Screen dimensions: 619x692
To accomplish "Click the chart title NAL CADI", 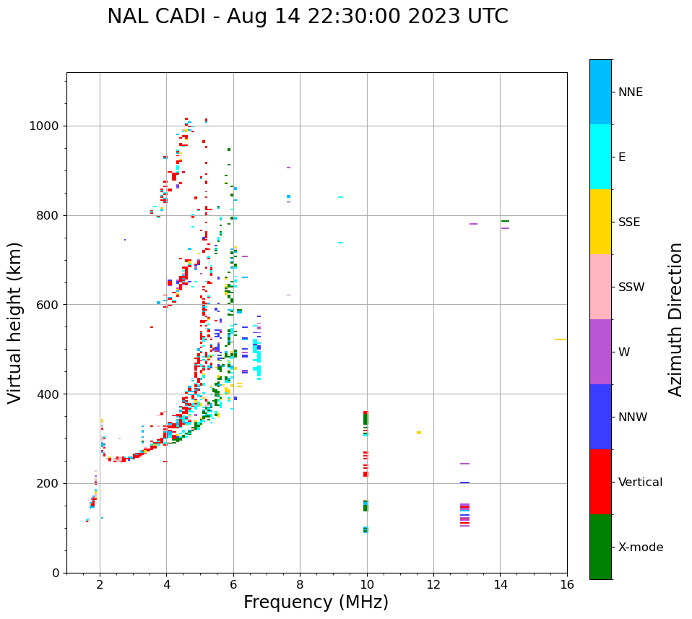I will pyautogui.click(x=307, y=17).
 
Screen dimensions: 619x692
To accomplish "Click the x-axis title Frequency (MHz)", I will pyautogui.click(x=316, y=602).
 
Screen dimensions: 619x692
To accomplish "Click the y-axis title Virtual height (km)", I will pyautogui.click(x=15, y=322).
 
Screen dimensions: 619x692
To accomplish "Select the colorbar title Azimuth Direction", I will pyautogui.click(x=675, y=319).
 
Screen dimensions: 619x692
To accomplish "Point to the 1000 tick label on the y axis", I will pyautogui.click(x=45, y=126).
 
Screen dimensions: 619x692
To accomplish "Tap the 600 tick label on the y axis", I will pyautogui.click(x=48, y=305).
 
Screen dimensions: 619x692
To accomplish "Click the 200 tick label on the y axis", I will pyautogui.click(x=48, y=483).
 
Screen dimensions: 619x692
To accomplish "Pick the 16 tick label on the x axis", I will pyautogui.click(x=567, y=584).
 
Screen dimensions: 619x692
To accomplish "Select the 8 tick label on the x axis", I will pyautogui.click(x=300, y=584).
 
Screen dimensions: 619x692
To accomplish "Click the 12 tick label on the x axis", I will pyautogui.click(x=433, y=584).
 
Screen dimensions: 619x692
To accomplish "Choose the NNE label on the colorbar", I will pyautogui.click(x=631, y=92).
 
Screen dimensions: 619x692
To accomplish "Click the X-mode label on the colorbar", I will pyautogui.click(x=641, y=547).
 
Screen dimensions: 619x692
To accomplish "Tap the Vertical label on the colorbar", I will pyautogui.click(x=641, y=482).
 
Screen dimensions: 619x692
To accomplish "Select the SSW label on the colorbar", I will pyautogui.click(x=631, y=287).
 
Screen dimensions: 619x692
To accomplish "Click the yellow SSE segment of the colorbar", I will pyautogui.click(x=600, y=222).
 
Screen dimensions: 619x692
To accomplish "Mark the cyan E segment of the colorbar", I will pyautogui.click(x=600, y=157).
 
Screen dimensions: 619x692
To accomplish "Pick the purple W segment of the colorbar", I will pyautogui.click(x=600, y=352).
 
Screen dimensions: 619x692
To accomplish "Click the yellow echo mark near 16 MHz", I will pyautogui.click(x=561, y=339).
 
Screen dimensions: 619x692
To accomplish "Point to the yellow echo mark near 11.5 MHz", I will pyautogui.click(x=419, y=433).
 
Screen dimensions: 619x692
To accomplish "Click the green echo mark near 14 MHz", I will pyautogui.click(x=505, y=221).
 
